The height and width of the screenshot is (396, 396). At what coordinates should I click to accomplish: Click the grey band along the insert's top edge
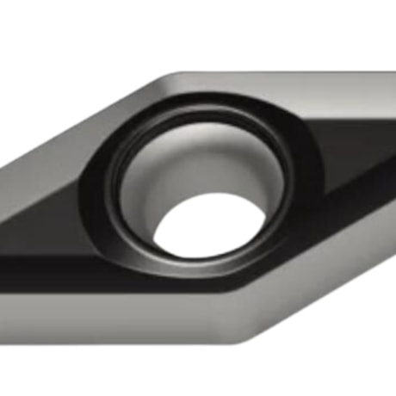click(284, 86)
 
